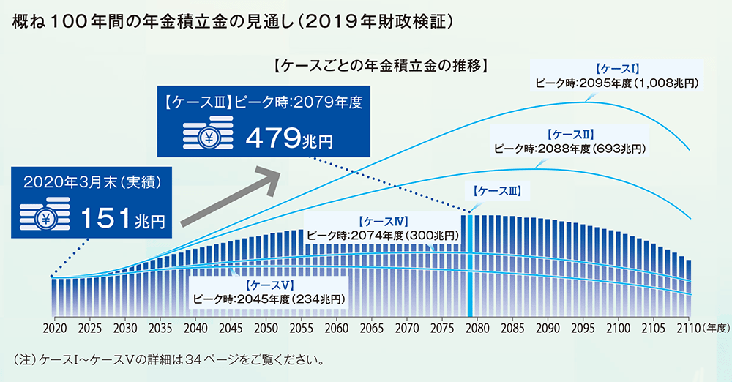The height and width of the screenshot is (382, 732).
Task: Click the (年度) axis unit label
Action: tap(715, 328)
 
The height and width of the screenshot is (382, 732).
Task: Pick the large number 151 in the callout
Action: tap(107, 218)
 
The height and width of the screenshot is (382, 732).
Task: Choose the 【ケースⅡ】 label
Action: tap(569, 135)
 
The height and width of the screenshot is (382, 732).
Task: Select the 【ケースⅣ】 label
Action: tap(384, 221)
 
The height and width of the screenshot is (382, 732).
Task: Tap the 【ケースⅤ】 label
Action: tap(269, 284)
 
